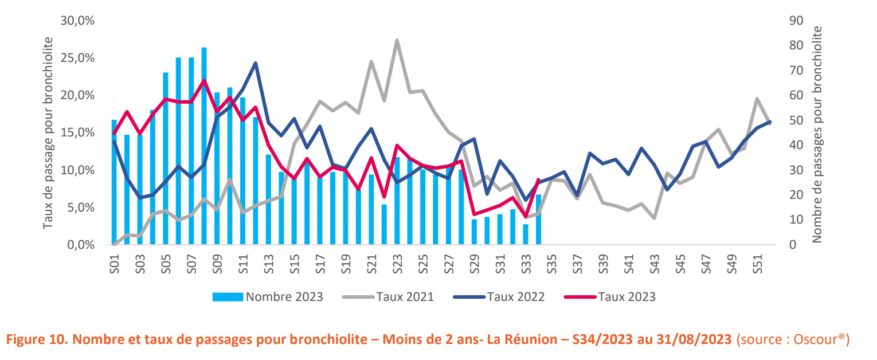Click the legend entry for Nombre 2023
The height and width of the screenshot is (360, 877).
point(268,296)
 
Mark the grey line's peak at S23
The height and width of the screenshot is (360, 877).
point(397,41)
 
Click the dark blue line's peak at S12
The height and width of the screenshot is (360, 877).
point(255,63)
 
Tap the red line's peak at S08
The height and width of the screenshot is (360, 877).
point(204,80)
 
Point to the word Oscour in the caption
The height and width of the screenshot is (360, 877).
point(816,339)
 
